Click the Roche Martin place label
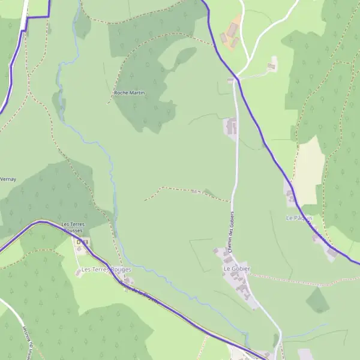point(129,93)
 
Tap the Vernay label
point(8,179)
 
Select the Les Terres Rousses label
point(73,227)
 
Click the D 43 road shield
point(82,242)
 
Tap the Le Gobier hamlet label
point(236,269)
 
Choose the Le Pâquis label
point(298,218)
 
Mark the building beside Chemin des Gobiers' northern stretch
point(231,127)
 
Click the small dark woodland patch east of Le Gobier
point(317,300)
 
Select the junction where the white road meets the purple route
point(238,79)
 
